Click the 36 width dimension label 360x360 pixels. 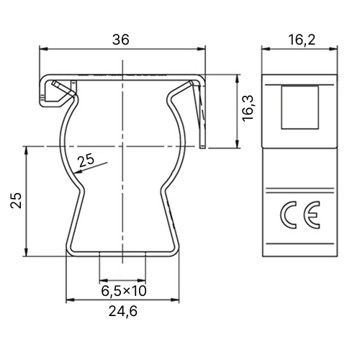121,40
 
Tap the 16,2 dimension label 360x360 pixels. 302,40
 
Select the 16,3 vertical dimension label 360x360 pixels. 248,108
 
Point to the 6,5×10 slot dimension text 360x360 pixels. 124,291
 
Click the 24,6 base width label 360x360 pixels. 123,311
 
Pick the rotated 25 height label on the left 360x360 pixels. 16,200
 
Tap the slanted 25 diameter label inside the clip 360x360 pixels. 87,160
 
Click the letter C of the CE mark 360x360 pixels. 288,215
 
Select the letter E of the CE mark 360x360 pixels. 312,215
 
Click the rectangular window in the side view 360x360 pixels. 300,107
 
